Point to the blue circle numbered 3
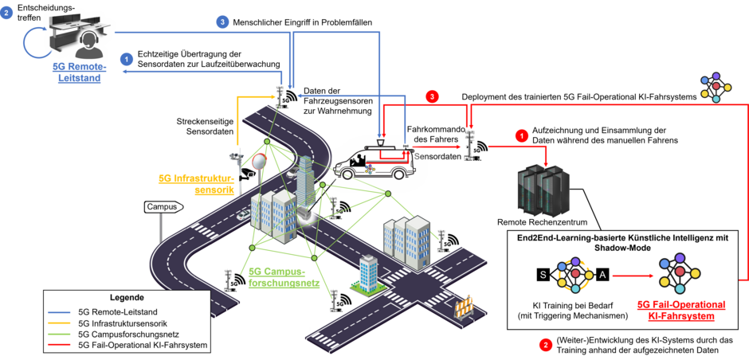point(224,22)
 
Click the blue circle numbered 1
point(126,58)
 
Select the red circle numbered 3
point(433,96)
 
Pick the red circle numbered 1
point(523,135)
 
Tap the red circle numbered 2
point(545,345)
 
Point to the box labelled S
point(543,275)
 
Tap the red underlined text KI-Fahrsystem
point(681,316)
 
